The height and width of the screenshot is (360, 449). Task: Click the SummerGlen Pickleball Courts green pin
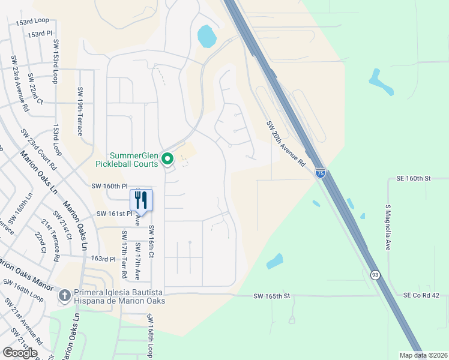point(167,160)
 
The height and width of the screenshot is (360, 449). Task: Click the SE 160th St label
point(414,178)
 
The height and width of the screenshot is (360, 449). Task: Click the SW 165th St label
point(271,296)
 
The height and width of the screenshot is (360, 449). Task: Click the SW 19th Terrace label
point(79,112)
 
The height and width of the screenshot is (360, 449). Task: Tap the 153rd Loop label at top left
point(32,21)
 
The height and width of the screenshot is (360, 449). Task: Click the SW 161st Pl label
point(114,214)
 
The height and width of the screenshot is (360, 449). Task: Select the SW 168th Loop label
point(149,332)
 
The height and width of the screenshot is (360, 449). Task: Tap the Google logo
point(20,352)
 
